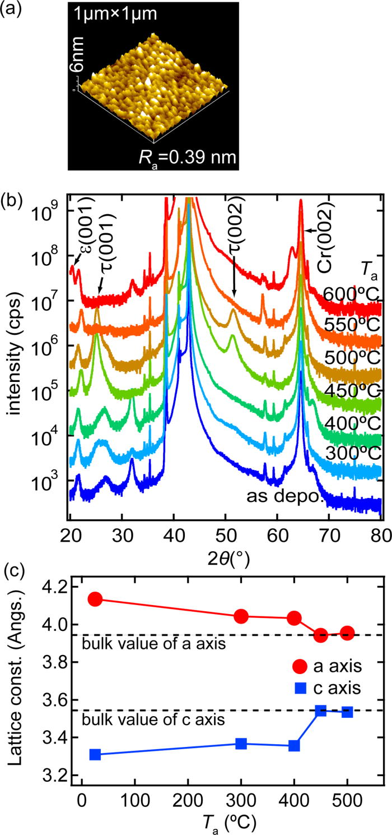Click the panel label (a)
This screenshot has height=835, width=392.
(12, 10)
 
